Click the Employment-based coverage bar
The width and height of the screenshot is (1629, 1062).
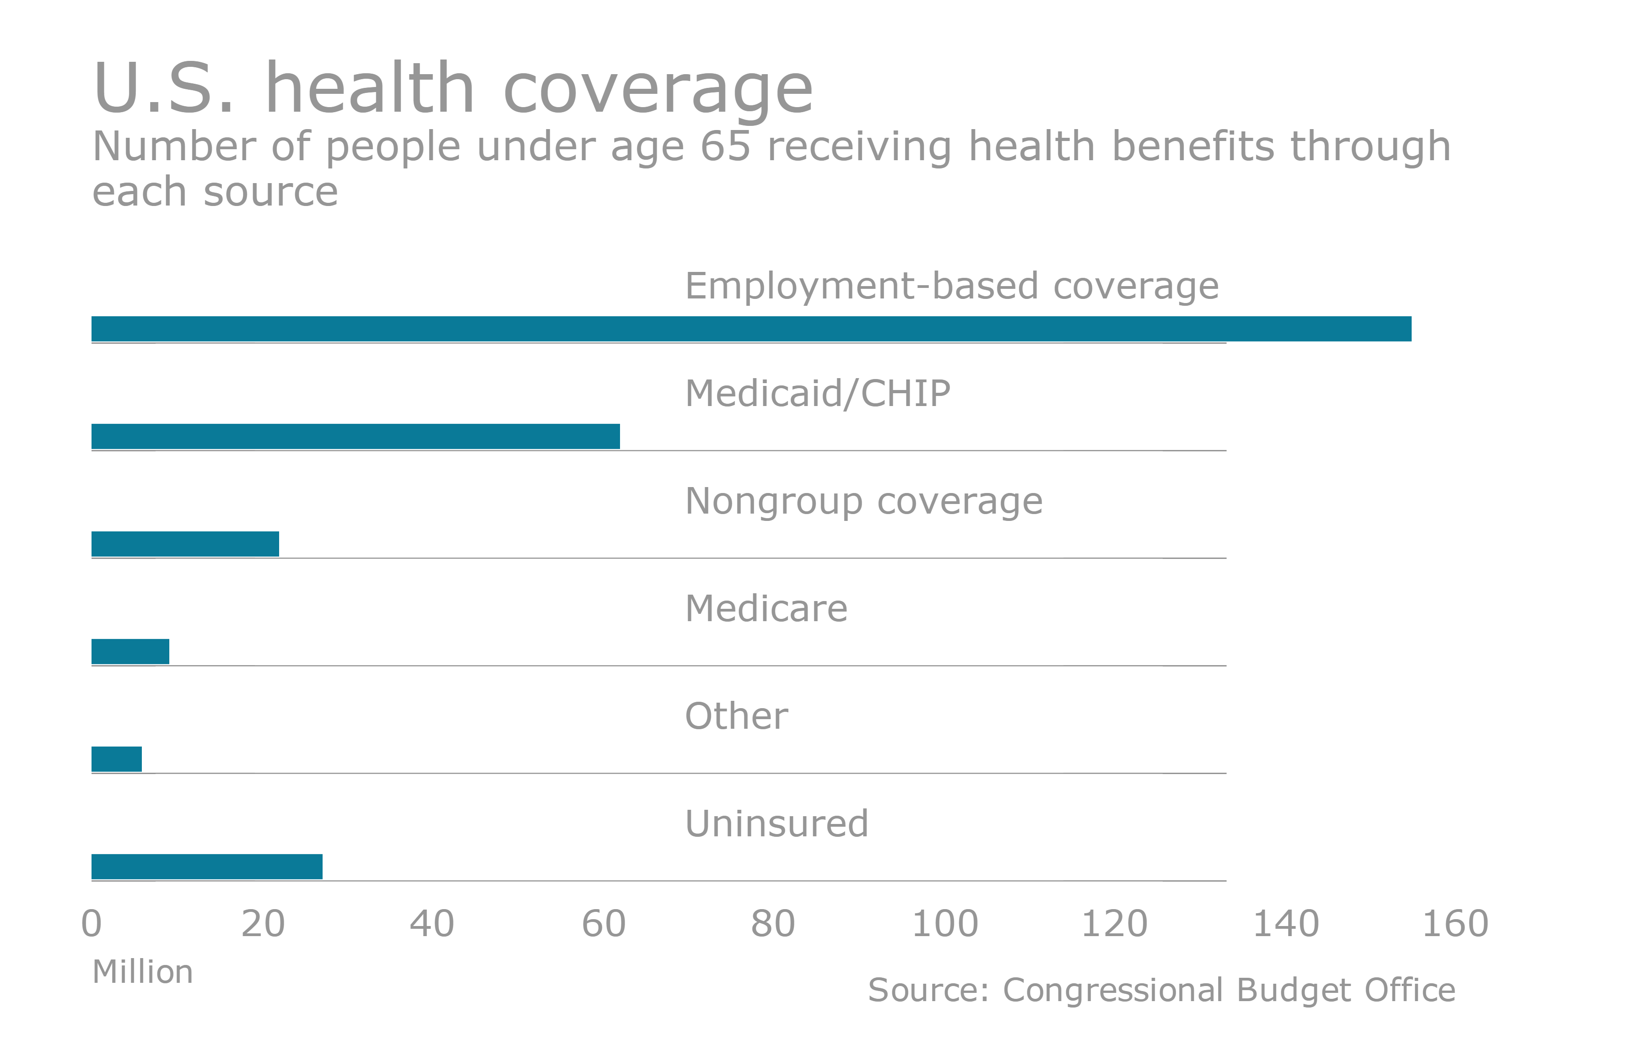(x=751, y=329)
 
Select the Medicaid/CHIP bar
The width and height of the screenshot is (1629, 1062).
(x=355, y=436)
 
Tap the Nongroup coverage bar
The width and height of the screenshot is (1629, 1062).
(x=185, y=544)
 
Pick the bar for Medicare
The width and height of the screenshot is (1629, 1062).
(x=130, y=651)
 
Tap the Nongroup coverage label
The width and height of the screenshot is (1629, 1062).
(x=864, y=501)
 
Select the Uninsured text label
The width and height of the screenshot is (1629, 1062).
(x=776, y=823)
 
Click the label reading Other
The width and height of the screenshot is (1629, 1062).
(x=736, y=716)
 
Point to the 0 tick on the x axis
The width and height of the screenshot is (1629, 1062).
(x=92, y=924)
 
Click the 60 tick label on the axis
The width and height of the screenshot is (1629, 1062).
(x=604, y=924)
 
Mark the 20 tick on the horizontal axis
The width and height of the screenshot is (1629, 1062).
(x=263, y=924)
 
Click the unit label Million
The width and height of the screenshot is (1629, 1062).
(x=142, y=972)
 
